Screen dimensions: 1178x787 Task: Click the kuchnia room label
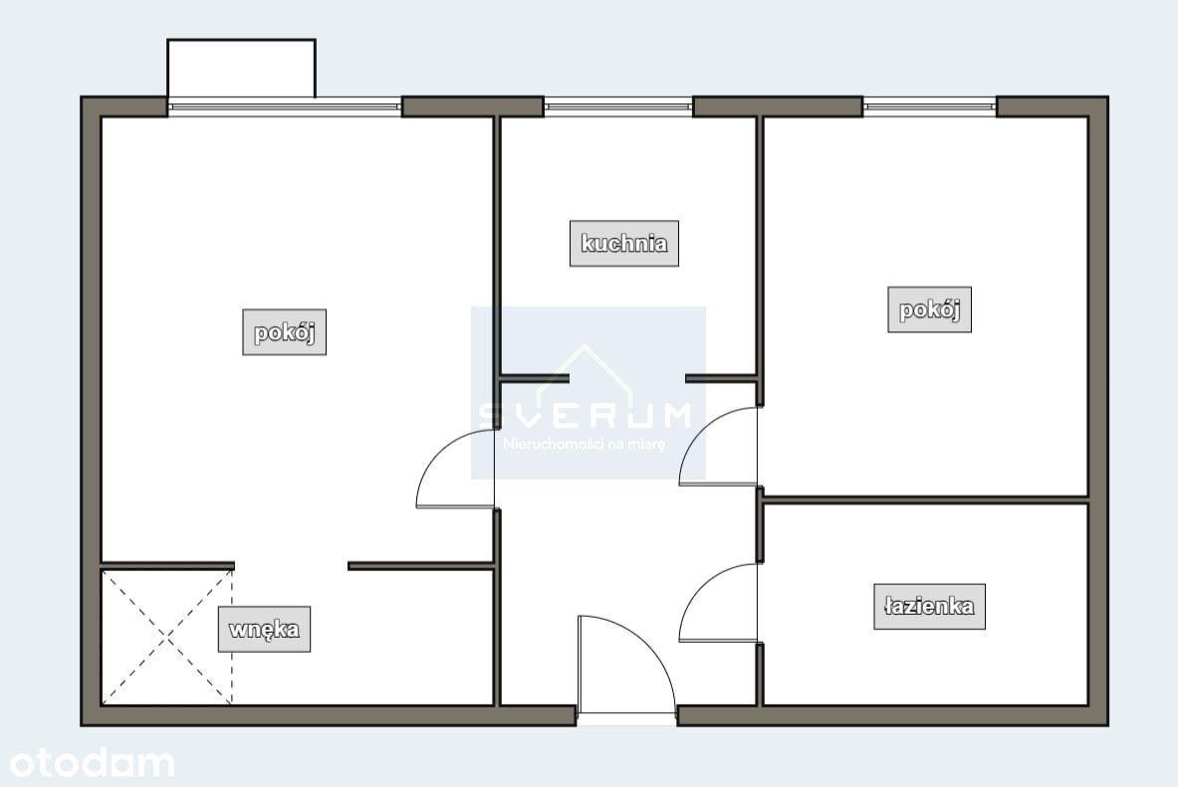623,244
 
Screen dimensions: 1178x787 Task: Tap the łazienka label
929,606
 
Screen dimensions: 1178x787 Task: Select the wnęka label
264,629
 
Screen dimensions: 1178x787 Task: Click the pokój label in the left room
284,332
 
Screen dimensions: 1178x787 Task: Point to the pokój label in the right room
929,309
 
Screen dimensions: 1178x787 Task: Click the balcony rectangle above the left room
241,69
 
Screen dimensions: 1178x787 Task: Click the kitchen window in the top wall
617,106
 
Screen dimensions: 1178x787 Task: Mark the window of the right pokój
929,106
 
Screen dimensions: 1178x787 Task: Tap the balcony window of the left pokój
284,107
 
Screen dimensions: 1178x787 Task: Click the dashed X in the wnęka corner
166,637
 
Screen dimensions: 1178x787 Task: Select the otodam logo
92,764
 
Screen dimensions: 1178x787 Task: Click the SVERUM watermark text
586,415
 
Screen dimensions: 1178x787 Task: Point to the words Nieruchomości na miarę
585,444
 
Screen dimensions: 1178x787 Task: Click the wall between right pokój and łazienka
926,499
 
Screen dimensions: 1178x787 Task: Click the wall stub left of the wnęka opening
167,565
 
